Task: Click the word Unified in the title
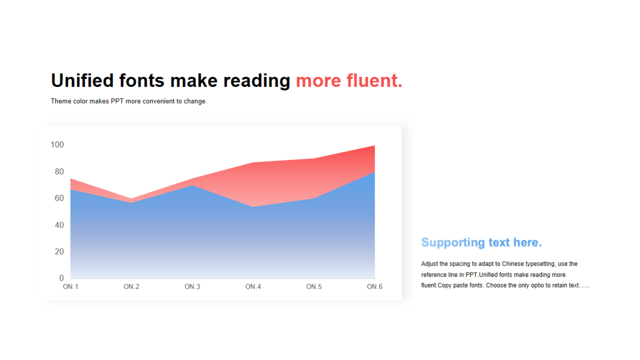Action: [x=82, y=80]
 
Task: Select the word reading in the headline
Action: [x=256, y=81]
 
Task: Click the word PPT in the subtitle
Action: [x=117, y=101]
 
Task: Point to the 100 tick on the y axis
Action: [x=57, y=144]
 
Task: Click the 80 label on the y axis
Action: [x=59, y=171]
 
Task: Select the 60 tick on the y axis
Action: [x=59, y=198]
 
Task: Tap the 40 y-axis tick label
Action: [x=59, y=225]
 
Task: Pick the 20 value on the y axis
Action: [x=59, y=251]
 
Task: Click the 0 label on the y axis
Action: [x=61, y=278]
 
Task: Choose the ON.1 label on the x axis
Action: [x=70, y=286]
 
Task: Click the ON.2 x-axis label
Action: [x=131, y=286]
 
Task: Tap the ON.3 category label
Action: [x=192, y=286]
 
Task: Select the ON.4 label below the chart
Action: [x=253, y=286]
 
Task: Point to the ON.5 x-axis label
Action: [x=314, y=286]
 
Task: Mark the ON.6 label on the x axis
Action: [x=374, y=286]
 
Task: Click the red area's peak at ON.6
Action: [x=374, y=145]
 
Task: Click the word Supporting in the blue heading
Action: [x=453, y=242]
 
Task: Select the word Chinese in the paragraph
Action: [x=513, y=263]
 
